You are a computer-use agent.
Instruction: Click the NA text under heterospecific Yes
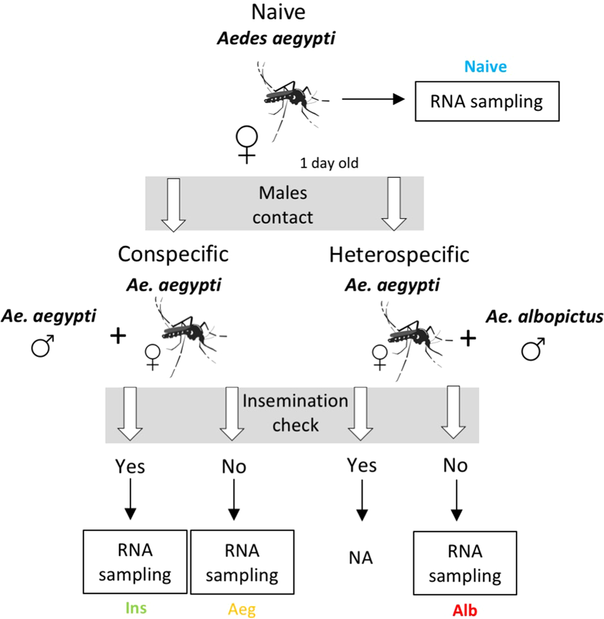tap(362, 558)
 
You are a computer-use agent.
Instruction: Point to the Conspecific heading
tap(173, 254)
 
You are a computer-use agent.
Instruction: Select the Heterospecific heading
tap(399, 254)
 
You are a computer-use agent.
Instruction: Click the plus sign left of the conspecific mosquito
tap(118, 335)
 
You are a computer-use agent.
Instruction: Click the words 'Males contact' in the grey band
tap(283, 205)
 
